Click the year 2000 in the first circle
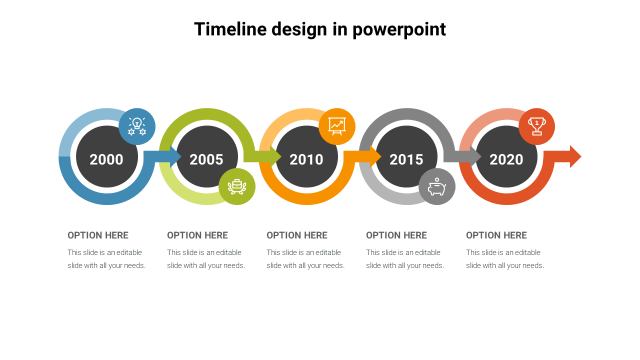tap(106, 159)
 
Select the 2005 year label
tap(206, 159)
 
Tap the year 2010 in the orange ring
tap(306, 159)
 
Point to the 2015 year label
tap(406, 159)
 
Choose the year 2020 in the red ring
tap(506, 159)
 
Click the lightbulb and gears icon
tap(137, 126)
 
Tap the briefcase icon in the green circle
tap(237, 186)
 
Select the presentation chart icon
tap(337, 126)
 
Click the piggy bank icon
tap(437, 186)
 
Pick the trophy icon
tap(537, 126)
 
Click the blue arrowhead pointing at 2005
tap(175, 156)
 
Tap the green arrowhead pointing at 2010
tap(275, 156)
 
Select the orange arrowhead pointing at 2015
tap(375, 156)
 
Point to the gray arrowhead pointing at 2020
tap(475, 156)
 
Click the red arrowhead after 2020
tap(575, 156)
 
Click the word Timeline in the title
tap(230, 29)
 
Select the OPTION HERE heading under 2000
tap(98, 235)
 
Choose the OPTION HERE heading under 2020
tap(496, 235)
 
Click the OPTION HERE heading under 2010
tap(297, 235)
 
